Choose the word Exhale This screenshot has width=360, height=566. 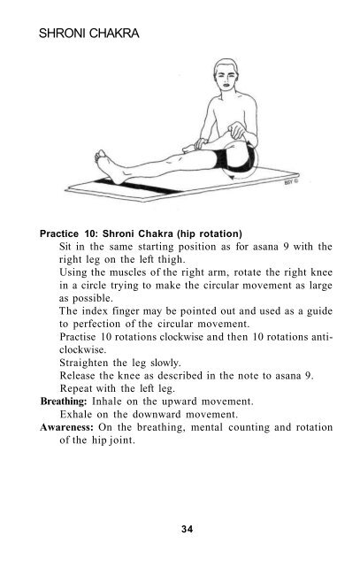click(80, 413)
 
